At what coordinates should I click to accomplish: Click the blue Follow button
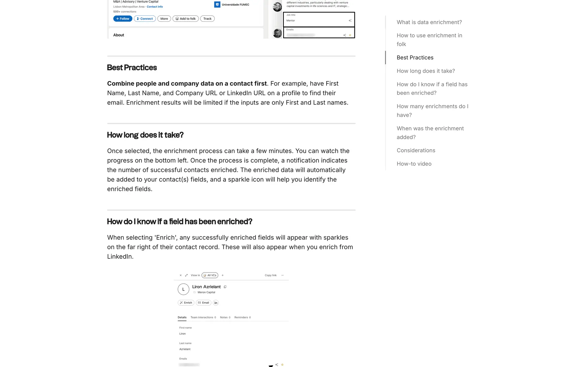pos(123,19)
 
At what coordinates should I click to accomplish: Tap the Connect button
pos(145,19)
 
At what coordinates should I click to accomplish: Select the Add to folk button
pos(186,19)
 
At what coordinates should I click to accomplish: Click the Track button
pos(207,19)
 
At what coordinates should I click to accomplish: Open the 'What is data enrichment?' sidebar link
pos(429,22)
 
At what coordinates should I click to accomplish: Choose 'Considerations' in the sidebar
pos(416,150)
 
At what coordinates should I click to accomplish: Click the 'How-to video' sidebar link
pos(414,164)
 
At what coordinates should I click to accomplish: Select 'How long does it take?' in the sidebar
pos(426,71)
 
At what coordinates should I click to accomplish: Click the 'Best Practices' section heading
pos(132,68)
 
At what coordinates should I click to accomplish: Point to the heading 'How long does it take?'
pos(145,135)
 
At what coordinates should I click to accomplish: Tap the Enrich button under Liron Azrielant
pos(186,303)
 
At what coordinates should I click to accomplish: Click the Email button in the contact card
pos(203,303)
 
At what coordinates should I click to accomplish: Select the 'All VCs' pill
pos(210,275)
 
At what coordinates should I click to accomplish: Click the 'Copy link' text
pos(271,275)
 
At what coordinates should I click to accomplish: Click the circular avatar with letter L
pos(183,289)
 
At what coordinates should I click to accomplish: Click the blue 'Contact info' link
pos(155,7)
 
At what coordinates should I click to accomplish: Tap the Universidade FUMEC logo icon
pos(217,5)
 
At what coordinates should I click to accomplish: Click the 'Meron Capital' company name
pos(206,292)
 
